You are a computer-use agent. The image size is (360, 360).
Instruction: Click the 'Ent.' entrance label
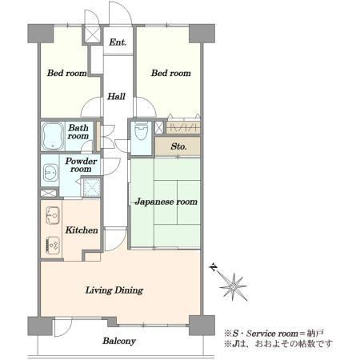tap(118, 42)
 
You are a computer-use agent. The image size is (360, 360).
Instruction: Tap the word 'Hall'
tap(117, 96)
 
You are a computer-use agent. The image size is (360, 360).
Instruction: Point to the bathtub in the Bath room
tap(53, 136)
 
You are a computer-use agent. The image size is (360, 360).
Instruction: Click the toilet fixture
tap(141, 131)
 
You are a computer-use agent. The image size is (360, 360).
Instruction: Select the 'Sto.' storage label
tap(178, 146)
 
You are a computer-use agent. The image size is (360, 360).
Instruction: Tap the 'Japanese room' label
tap(166, 202)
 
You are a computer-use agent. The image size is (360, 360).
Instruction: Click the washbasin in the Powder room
tap(50, 172)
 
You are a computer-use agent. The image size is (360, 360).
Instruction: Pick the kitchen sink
tap(53, 215)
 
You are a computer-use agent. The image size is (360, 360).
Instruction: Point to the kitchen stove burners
tap(53, 245)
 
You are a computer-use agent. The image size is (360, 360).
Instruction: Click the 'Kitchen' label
tap(82, 230)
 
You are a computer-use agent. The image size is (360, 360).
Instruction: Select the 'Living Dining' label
tap(114, 290)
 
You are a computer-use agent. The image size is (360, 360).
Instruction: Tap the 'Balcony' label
tap(119, 341)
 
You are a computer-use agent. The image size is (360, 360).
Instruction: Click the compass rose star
tap(234, 287)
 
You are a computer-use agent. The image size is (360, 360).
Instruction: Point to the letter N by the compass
tap(214, 267)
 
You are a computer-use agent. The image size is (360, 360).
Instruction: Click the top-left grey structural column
tap(41, 34)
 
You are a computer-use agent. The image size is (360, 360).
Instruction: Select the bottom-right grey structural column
tap(202, 326)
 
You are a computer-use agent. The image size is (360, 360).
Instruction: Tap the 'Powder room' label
tap(81, 165)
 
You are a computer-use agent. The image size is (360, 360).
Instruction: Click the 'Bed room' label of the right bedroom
tap(171, 73)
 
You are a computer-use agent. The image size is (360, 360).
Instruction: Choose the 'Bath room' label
tap(78, 132)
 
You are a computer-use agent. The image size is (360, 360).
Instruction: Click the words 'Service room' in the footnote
tap(272, 334)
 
